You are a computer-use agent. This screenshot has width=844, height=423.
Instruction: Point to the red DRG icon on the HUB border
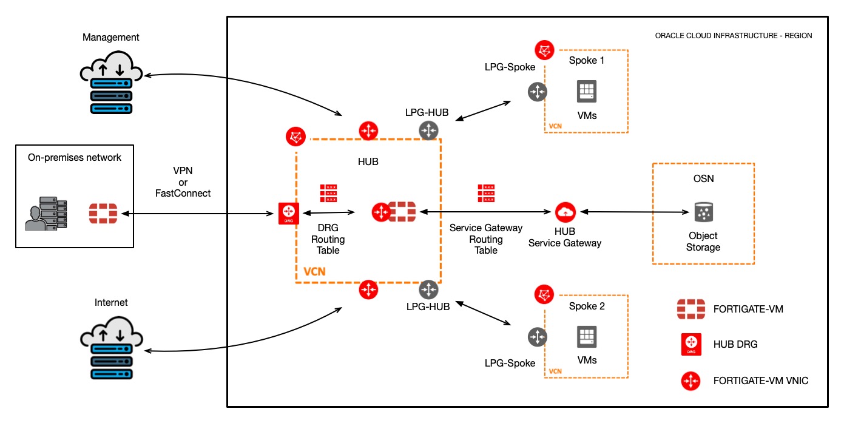[x=288, y=213]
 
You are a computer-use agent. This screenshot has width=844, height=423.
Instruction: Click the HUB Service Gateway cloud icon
[x=565, y=212]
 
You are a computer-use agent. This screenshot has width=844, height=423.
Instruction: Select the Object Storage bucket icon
[x=703, y=212]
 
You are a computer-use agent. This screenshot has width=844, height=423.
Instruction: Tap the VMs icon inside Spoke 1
[x=587, y=92]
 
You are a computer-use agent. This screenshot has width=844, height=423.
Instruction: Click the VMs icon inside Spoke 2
[x=587, y=337]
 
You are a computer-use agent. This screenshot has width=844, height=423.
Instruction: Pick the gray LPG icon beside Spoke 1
[x=538, y=92]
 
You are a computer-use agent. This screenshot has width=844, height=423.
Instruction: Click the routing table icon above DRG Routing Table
[x=329, y=193]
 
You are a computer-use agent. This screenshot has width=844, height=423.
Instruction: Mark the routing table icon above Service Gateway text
[x=485, y=193]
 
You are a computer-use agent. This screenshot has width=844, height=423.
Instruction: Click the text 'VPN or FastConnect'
[x=183, y=182]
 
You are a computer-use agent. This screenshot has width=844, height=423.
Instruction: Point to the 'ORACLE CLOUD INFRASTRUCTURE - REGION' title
[x=733, y=36]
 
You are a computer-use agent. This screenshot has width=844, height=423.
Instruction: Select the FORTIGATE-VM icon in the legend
[x=690, y=309]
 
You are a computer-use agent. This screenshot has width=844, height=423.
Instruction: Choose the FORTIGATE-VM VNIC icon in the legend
[x=690, y=381]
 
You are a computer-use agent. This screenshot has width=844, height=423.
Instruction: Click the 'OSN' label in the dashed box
[x=703, y=179]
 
